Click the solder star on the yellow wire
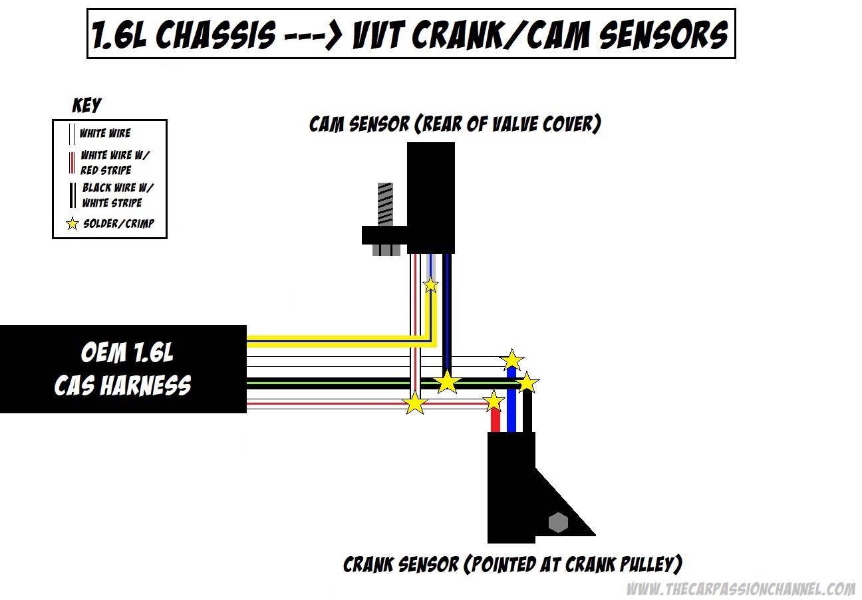431,285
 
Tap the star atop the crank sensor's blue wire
511,360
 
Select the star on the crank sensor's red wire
494,401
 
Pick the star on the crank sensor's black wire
527,382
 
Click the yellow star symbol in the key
72,224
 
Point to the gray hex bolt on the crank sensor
558,522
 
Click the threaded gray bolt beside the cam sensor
385,203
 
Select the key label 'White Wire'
105,133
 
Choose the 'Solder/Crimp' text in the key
118,224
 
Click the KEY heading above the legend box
86,105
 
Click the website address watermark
741,589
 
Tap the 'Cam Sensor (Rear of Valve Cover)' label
455,124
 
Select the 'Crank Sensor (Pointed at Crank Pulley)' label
512,565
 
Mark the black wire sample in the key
72,194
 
